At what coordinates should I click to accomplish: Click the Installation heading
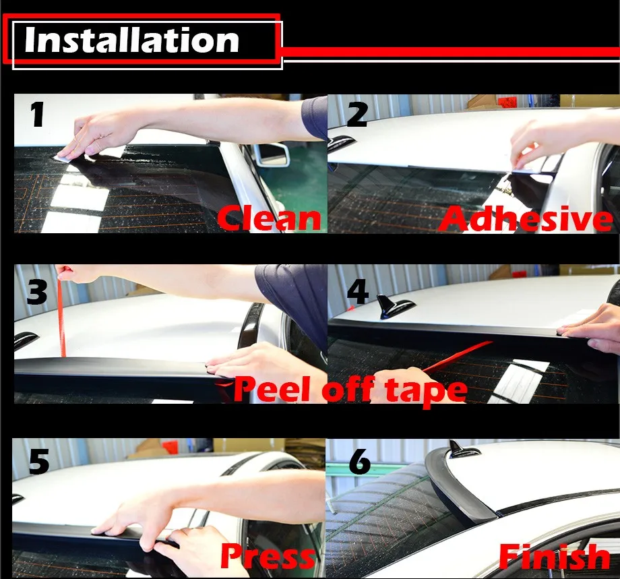131,40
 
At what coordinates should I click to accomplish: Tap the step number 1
38,115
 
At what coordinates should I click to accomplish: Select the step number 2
357,115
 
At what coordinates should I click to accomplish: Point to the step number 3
37,292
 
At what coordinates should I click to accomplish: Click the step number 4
357,292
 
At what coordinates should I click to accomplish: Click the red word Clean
269,218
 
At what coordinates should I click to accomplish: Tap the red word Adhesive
526,218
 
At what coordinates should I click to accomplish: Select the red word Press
268,555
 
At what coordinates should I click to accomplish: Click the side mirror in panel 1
272,154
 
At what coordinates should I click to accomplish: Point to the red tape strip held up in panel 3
61,313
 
